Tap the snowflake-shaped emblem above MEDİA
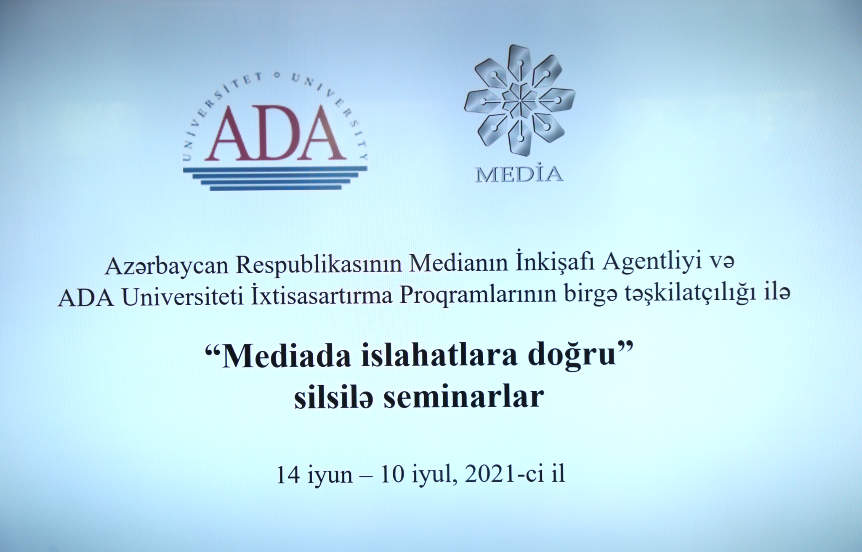(x=519, y=101)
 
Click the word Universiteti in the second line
(x=182, y=297)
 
